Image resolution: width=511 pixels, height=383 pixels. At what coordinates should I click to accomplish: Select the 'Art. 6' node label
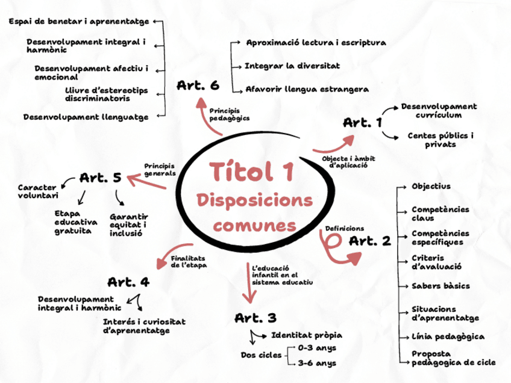coord(198,86)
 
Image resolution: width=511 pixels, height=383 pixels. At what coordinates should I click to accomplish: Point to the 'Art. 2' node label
coord(370,241)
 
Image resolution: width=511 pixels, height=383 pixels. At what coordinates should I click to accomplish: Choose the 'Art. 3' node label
coord(255,318)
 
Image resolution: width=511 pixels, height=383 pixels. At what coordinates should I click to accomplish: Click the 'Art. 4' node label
coord(128,282)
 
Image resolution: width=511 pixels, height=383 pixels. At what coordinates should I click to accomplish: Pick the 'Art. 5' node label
coord(101,178)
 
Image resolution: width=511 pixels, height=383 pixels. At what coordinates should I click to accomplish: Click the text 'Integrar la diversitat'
coord(292,65)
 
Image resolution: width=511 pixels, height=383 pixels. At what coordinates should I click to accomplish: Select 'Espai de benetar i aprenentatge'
coord(79,22)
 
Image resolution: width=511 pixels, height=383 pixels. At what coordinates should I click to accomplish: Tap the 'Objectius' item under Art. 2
coord(431,186)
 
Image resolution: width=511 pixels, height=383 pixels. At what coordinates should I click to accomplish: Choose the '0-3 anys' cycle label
coord(318,348)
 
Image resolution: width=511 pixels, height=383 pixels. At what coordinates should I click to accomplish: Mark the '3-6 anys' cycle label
coord(318,363)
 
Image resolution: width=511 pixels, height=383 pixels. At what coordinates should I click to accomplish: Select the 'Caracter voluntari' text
coord(38,191)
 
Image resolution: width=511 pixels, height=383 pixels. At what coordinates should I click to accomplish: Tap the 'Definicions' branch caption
coord(344,228)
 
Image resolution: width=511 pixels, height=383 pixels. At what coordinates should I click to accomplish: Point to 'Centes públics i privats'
coord(440,140)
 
